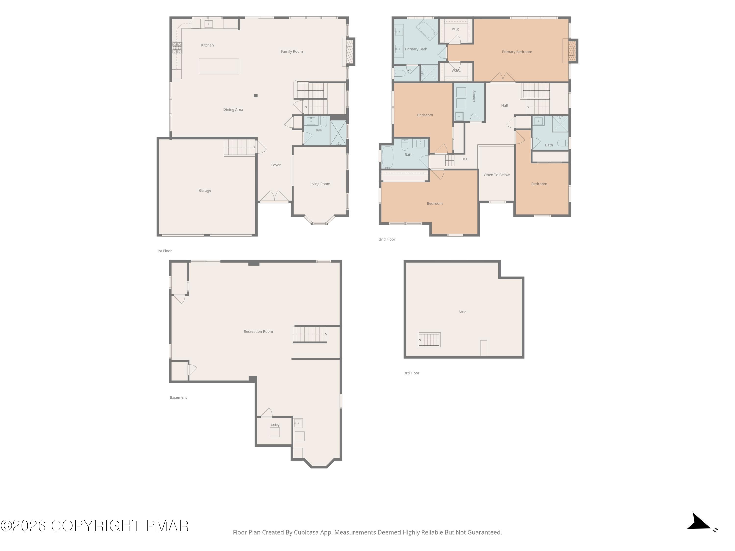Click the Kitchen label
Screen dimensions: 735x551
[207, 45]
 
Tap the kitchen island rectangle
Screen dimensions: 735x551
[219, 66]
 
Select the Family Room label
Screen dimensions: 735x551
[292, 51]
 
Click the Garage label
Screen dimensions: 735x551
[205, 191]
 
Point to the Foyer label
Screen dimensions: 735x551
[276, 165]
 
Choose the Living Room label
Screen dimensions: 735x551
[320, 184]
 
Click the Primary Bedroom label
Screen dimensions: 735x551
[517, 52]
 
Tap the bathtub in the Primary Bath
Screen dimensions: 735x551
[426, 31]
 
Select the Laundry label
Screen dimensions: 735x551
[474, 96]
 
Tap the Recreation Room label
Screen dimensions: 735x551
[258, 332]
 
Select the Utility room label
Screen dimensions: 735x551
[275, 425]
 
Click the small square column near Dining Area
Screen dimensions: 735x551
[256, 96]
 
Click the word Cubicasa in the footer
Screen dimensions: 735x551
[306, 532]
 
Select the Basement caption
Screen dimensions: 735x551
[178, 397]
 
